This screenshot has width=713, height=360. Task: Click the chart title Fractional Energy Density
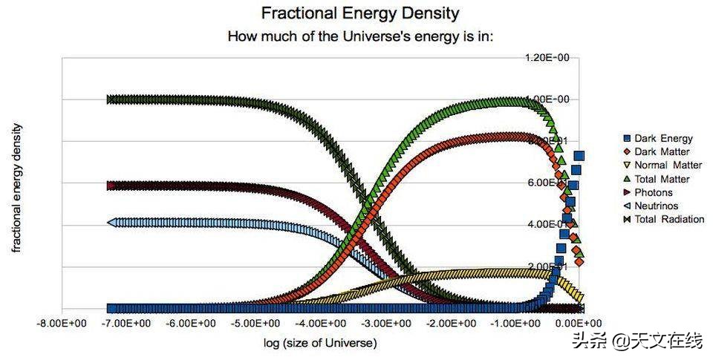tap(360, 13)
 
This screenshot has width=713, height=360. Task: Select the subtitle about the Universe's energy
tap(360, 36)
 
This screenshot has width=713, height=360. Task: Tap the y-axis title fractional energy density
tap(16, 188)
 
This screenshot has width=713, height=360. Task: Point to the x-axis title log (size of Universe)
tap(320, 343)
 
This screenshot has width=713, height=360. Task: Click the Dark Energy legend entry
tap(657, 138)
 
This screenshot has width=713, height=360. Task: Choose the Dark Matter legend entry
tap(657, 151)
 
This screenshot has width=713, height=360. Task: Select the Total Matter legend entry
tap(657, 179)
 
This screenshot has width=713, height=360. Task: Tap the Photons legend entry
tap(650, 192)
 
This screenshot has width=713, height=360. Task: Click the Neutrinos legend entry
tap(652, 206)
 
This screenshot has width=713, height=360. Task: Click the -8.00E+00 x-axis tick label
tap(61, 324)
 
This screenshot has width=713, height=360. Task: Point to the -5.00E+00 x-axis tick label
tap(256, 324)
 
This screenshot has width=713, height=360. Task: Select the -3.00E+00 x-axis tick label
tap(386, 324)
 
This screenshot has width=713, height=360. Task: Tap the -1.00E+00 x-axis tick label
tap(516, 324)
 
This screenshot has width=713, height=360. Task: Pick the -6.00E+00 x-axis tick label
tap(191, 324)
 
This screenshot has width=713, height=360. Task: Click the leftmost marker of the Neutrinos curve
tap(111, 222)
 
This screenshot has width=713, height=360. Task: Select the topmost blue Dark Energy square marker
tap(579, 156)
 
